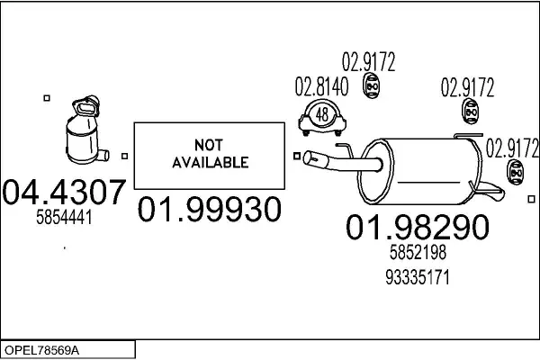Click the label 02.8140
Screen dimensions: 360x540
tap(319, 88)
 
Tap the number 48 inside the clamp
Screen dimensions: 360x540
tap(322, 114)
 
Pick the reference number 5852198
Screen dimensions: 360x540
tap(417, 255)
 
